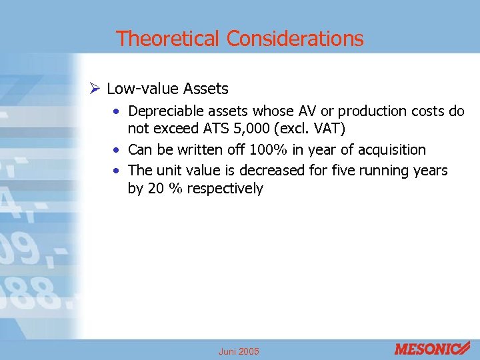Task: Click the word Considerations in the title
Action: click(295, 39)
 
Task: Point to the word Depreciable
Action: click(166, 111)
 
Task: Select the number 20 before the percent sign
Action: click(156, 189)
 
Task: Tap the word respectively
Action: click(225, 189)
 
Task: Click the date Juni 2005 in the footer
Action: click(239, 351)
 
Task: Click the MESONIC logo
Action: click(433, 347)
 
